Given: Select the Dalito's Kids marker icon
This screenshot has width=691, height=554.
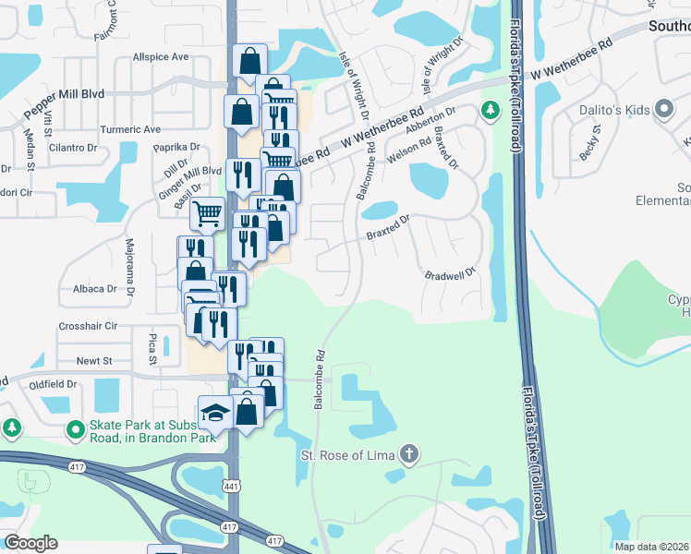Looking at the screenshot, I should (x=663, y=110).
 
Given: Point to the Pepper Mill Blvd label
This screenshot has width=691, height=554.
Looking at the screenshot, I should (x=64, y=94).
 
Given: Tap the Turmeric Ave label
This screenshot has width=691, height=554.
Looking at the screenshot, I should (x=130, y=129).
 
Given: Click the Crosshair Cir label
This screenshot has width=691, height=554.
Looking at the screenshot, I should (x=88, y=326).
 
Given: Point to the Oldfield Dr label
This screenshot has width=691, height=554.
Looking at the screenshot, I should (x=52, y=383).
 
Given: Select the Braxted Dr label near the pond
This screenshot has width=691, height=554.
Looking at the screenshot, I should (x=386, y=227).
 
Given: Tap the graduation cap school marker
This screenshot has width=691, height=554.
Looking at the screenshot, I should (x=215, y=412).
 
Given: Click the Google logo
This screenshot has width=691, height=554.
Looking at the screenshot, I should (x=30, y=543).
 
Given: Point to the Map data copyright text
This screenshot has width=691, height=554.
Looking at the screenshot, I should (x=650, y=547).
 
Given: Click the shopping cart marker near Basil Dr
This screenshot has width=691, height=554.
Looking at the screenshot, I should (x=207, y=213).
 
